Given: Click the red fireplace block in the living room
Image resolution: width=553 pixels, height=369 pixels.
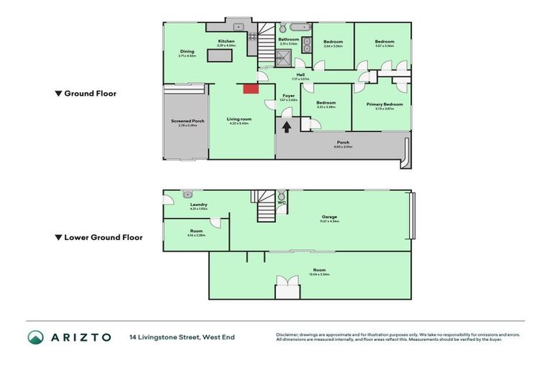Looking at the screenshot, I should click(x=251, y=89).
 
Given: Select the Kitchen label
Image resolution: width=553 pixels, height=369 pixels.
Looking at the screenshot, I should click(x=226, y=42).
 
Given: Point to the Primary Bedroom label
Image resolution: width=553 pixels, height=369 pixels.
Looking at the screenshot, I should click(x=384, y=105).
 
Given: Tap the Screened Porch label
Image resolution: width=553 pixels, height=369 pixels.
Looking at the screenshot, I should click(x=187, y=121).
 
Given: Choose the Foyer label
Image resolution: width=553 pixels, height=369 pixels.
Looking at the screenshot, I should click(x=288, y=95).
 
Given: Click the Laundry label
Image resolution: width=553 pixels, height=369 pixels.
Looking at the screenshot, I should click(x=199, y=205).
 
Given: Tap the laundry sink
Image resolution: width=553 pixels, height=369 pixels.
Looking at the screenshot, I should click(x=187, y=194).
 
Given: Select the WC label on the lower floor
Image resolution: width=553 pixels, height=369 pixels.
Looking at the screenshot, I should click(x=282, y=203).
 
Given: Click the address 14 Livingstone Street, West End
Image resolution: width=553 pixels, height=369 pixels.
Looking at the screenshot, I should click(x=182, y=337).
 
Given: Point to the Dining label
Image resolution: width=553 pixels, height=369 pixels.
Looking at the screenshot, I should click(x=187, y=52).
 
